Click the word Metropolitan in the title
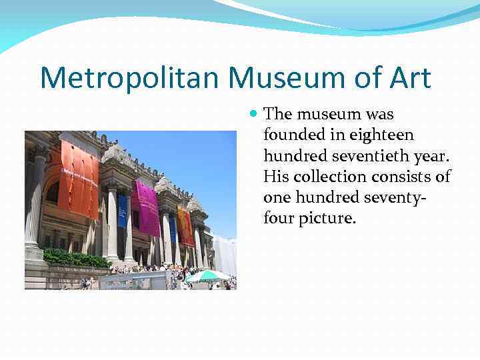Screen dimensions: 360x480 [x=131, y=78]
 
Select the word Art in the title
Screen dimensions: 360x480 [x=408, y=78]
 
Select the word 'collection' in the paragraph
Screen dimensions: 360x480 [x=324, y=176]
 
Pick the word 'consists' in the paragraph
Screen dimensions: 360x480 [x=397, y=176]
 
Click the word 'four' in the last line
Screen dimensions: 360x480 [x=278, y=217]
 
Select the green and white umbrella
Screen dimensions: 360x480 [x=207, y=275]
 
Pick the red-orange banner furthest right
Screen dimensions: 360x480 [x=185, y=226]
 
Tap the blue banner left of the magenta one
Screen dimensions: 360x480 [x=123, y=211]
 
